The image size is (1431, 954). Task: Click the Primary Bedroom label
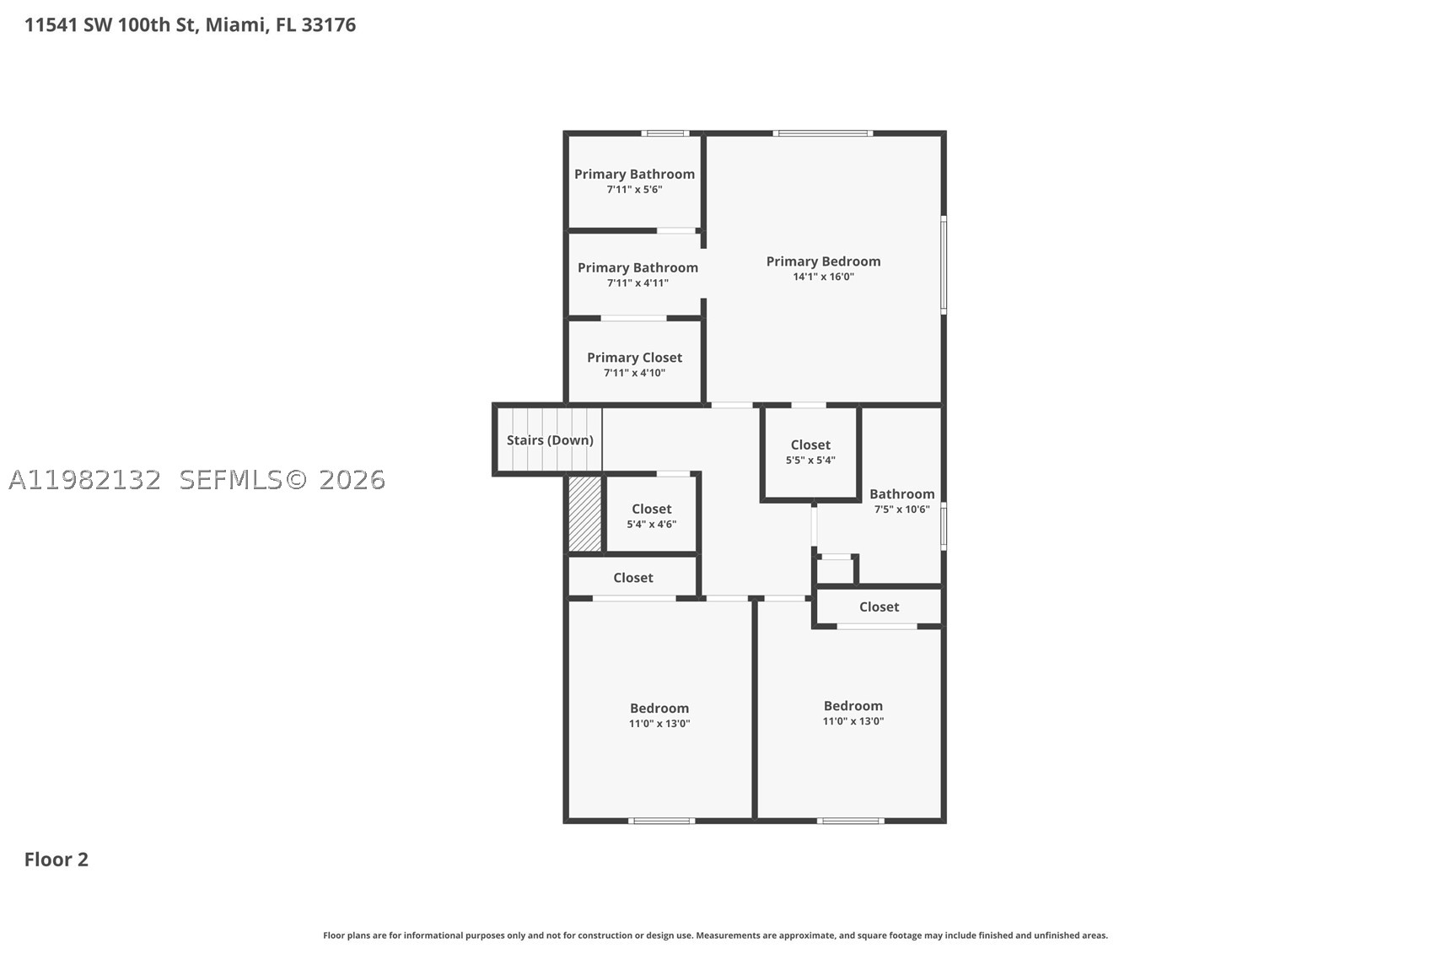(823, 261)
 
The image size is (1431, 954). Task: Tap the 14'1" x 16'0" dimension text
(823, 277)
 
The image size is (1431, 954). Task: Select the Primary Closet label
(634, 358)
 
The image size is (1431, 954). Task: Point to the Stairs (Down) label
(550, 440)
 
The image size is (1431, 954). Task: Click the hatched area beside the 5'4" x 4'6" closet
(585, 514)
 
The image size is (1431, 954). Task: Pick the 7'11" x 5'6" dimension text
(634, 190)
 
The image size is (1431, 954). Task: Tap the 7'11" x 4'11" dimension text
(637, 283)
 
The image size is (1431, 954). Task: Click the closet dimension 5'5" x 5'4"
(810, 460)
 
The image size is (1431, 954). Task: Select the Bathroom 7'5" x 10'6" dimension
(901, 509)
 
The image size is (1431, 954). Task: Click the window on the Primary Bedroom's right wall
(944, 265)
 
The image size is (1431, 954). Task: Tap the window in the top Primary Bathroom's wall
(665, 133)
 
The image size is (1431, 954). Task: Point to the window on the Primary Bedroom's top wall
(823, 133)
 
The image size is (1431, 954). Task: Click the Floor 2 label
(56, 860)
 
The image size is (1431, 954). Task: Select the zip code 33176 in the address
(328, 25)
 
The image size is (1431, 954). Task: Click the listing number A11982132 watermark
(84, 480)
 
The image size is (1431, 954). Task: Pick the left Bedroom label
(659, 708)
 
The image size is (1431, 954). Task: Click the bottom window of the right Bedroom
(850, 821)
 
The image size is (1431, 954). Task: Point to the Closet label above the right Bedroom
(879, 607)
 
